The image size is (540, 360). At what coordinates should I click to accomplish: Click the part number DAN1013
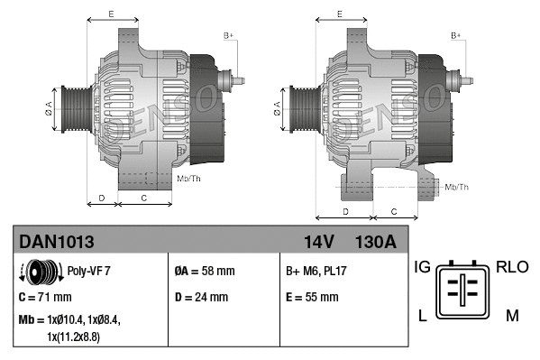pos(56,241)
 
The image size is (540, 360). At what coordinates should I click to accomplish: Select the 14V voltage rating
pos(319,241)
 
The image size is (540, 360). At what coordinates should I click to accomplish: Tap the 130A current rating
pos(376,241)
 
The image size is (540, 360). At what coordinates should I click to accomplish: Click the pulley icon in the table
pos(37,270)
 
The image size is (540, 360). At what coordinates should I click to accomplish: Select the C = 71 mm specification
pos(45,296)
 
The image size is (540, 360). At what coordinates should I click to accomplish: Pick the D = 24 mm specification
pos(201,296)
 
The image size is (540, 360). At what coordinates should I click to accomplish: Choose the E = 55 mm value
pos(312,296)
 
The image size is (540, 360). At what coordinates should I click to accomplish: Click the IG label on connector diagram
pos(422,267)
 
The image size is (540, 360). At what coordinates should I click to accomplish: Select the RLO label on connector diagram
pos(511,267)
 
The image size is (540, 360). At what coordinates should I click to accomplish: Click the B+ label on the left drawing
pos(229,34)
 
